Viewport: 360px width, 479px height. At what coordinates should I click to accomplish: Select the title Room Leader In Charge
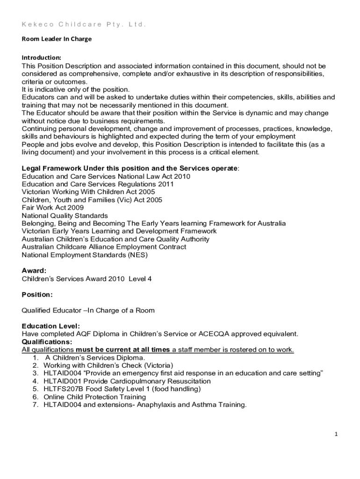pos(57,39)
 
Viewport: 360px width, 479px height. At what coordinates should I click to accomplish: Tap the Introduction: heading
pos(42,58)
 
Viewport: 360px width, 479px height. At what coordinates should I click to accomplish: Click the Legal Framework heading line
pos(130,168)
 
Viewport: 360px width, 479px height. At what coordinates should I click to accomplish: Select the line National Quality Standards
pos(65,216)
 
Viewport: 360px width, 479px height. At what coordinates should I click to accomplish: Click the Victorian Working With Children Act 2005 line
pos(88,192)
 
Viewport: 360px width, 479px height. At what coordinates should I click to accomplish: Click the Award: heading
pos(34,270)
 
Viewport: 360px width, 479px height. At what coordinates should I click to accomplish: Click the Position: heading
pos(37,295)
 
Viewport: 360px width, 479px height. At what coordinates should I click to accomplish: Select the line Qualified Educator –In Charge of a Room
pos(88,310)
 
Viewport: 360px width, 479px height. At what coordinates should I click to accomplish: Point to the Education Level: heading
pos(51,326)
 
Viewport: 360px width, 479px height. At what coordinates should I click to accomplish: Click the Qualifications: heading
pos(47,341)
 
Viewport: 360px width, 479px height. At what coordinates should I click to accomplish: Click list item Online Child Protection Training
pos(95,397)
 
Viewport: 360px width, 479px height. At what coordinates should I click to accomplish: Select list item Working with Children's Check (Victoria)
pos(108,365)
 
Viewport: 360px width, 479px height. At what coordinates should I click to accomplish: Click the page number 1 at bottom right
pos(336,434)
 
